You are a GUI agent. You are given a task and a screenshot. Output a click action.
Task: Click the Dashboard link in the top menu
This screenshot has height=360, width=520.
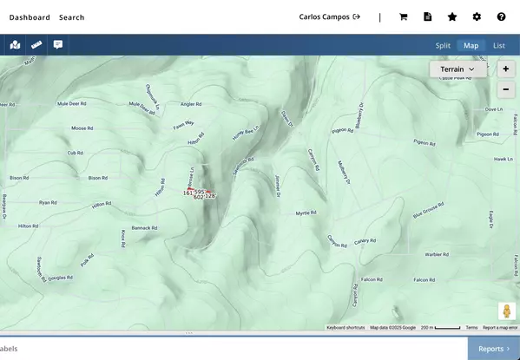point(30,16)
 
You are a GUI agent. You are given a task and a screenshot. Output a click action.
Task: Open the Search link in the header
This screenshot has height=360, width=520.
point(72,16)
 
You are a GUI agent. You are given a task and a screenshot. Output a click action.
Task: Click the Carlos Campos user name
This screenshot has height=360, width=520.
point(324,16)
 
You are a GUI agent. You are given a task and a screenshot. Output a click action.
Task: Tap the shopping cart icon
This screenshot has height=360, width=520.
point(404,16)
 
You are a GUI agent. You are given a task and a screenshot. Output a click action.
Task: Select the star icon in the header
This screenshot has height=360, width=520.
point(452,16)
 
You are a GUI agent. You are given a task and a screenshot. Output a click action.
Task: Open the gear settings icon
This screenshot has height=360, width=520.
point(477,16)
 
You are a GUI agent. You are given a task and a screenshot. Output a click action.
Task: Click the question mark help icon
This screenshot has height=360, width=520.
point(501,16)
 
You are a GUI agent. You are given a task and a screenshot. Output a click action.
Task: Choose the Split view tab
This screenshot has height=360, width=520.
point(444,45)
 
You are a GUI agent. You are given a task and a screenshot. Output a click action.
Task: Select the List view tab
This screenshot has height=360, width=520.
point(499,45)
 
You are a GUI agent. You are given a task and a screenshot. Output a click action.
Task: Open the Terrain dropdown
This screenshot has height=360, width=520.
point(457,69)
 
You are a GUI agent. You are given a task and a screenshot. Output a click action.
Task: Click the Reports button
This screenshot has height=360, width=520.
point(494,349)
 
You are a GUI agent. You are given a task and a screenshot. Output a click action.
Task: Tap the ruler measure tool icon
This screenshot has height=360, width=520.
point(36,44)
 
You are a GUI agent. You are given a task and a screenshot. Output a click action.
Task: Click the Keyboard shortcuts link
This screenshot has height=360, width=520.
point(346,328)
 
